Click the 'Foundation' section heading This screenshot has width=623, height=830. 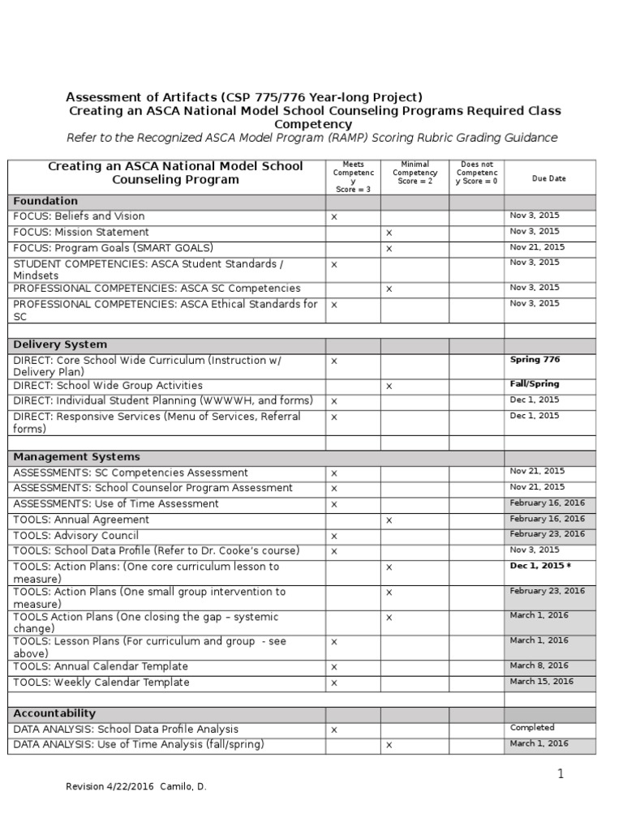[45, 201]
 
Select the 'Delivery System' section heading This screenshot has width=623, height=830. [60, 344]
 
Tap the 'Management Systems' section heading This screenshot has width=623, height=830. [76, 457]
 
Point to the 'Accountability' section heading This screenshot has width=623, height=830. [54, 713]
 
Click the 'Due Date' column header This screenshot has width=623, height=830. [549, 178]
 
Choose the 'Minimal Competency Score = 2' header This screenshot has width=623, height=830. [415, 173]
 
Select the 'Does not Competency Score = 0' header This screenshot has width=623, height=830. [477, 173]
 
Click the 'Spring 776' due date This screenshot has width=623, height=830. [535, 360]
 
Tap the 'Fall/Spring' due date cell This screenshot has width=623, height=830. [535, 384]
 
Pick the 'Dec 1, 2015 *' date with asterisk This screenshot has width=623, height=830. [539, 567]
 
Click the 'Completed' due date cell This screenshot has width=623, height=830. [532, 728]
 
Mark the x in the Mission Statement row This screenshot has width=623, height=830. [389, 233]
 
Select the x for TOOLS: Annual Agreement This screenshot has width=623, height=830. [389, 520]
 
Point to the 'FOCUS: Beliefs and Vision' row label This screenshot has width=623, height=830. [79, 216]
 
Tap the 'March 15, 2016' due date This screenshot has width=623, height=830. [541, 682]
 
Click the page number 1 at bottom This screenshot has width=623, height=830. [560, 774]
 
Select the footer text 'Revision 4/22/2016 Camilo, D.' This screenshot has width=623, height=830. [136, 787]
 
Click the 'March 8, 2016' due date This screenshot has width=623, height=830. [539, 665]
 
